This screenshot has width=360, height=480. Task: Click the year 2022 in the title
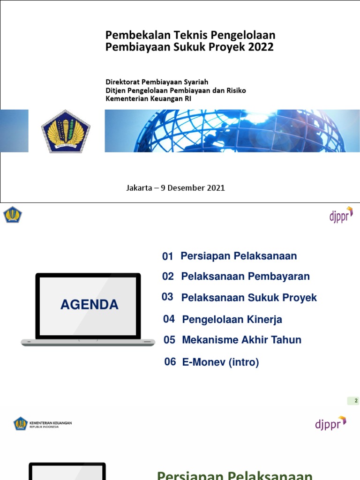point(262,47)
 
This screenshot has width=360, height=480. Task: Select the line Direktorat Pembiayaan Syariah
point(157,82)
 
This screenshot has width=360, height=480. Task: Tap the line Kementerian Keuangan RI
point(148,99)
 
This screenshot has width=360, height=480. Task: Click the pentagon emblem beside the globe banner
point(66,131)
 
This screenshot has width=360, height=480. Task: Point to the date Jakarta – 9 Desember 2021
point(175,188)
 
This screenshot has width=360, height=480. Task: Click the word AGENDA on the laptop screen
point(89,305)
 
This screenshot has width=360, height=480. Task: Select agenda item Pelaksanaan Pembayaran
point(245,277)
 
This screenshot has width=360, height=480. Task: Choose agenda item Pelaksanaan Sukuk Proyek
point(249,298)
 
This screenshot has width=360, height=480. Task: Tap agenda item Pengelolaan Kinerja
point(232,320)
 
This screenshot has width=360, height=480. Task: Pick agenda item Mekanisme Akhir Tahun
point(241,340)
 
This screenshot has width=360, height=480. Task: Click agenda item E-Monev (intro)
point(220,362)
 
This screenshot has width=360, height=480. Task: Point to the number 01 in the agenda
point(168,256)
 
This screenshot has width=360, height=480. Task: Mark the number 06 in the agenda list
point(170,362)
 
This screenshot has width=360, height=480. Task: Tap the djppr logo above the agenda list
point(340,216)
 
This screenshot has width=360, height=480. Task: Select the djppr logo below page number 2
point(330,423)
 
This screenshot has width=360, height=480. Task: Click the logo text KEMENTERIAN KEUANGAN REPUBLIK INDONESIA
point(50,424)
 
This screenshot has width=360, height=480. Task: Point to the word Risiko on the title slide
point(235,90)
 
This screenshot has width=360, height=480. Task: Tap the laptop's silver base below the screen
point(88,343)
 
